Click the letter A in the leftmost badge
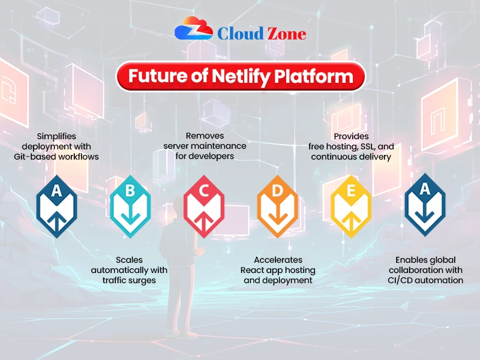click(56, 191)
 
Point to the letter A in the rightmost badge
click(425, 190)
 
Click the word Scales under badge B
click(129, 260)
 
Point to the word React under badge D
click(253, 270)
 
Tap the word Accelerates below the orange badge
click(278, 260)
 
